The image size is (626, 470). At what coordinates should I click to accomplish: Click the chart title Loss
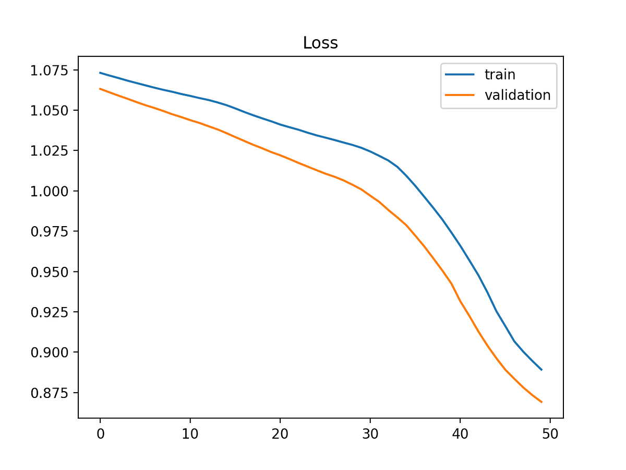(320, 43)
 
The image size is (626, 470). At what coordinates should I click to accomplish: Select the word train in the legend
(500, 75)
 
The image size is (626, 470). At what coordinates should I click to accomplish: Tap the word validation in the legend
(517, 95)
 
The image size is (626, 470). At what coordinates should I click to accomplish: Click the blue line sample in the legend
(460, 75)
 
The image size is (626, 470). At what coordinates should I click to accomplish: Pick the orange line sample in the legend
(460, 95)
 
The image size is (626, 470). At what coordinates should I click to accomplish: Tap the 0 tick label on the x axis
(100, 434)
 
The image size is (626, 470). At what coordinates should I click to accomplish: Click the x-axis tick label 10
(190, 434)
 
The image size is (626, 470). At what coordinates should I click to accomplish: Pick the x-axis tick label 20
(280, 434)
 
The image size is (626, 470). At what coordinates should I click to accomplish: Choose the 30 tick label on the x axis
(370, 434)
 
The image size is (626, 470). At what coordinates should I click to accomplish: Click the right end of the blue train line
(541, 370)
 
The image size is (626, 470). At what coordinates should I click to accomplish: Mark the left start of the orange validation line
(100, 89)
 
